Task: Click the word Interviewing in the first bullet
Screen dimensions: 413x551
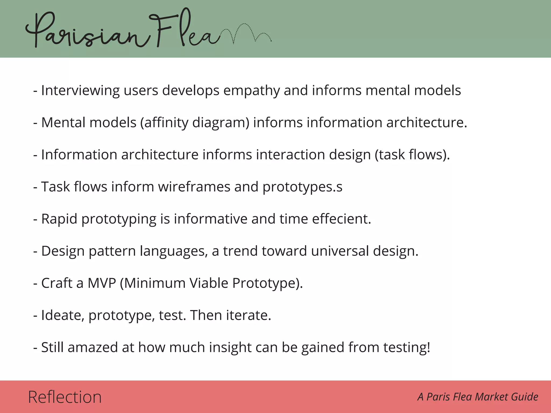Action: pyautogui.click(x=80, y=91)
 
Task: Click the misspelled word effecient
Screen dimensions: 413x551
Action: pyautogui.click(x=341, y=219)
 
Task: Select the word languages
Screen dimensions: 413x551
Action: pyautogui.click(x=174, y=251)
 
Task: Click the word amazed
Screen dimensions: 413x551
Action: pyautogui.click(x=93, y=347)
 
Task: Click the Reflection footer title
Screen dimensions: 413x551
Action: pyautogui.click(x=65, y=397)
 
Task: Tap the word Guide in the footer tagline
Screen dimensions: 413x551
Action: pyautogui.click(x=525, y=397)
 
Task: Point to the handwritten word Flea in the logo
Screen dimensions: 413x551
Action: pyautogui.click(x=186, y=31)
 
